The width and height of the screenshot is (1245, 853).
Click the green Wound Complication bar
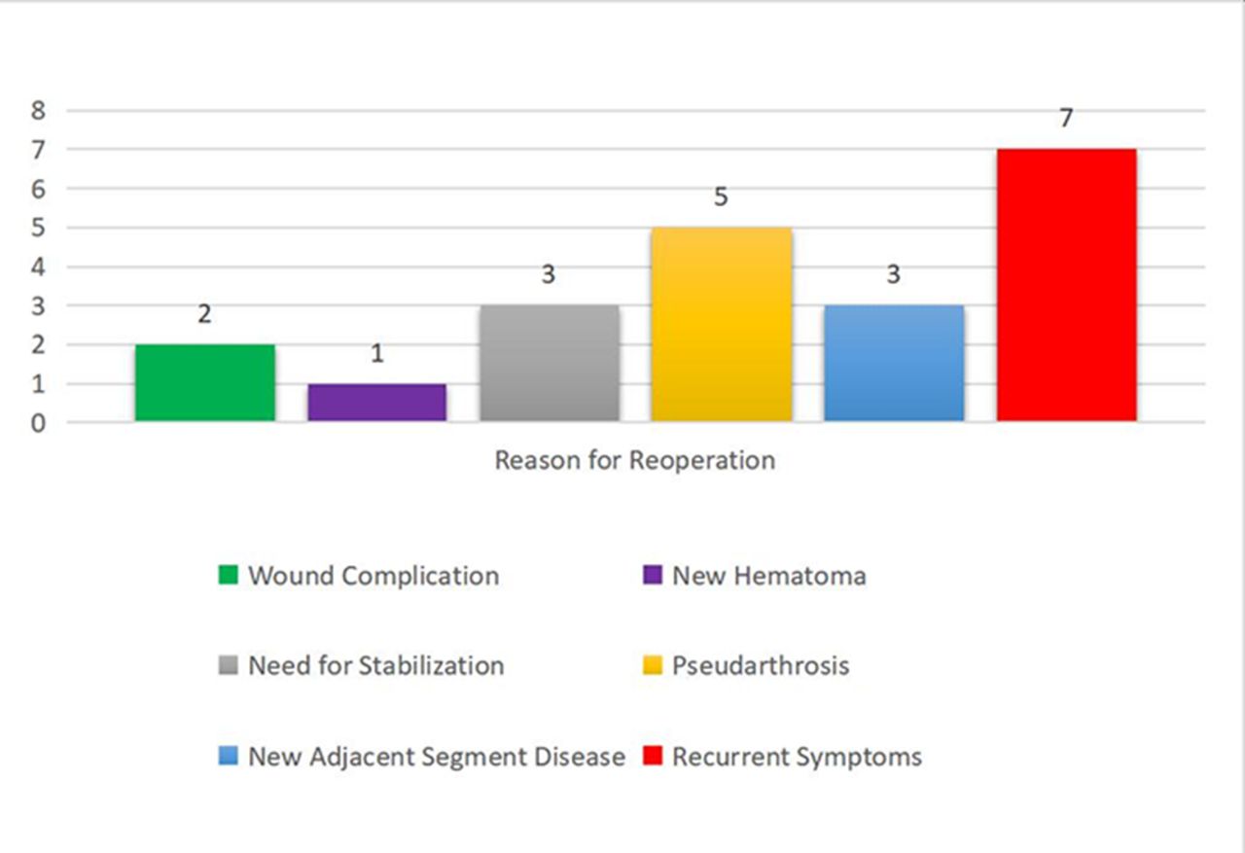(205, 383)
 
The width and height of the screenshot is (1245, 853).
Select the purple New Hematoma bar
(376, 403)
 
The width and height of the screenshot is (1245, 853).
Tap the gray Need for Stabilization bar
(550, 363)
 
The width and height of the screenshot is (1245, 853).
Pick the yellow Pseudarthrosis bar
(722, 324)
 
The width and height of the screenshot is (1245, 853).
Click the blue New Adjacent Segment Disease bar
(894, 363)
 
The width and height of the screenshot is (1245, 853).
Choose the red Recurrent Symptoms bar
(1067, 285)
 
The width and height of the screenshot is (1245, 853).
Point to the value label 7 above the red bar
(1065, 118)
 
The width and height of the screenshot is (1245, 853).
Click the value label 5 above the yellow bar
(721, 196)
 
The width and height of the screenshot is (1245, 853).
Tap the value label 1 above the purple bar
(376, 353)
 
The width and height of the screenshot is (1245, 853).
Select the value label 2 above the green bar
(204, 314)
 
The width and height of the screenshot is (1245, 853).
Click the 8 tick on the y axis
(38, 110)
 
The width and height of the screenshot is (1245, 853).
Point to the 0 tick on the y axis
(38, 423)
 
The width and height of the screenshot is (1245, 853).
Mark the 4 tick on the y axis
(38, 267)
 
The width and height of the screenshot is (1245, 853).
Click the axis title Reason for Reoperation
(635, 461)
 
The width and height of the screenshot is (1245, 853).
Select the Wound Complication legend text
(373, 576)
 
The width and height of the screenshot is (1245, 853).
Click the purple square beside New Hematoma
(653, 575)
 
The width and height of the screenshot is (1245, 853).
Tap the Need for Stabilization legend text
(376, 665)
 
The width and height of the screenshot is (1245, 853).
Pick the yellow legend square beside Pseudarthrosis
(653, 665)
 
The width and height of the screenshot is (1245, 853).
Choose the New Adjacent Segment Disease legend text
(437, 757)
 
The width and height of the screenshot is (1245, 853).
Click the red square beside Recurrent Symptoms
(653, 756)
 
